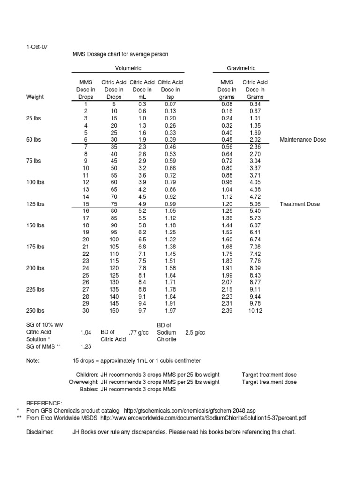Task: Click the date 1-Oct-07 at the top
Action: (37, 47)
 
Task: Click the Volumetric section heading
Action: (127, 68)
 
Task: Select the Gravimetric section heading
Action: (241, 68)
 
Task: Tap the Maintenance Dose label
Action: (303, 140)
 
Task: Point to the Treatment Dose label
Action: (300, 204)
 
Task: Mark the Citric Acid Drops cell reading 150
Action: (114, 311)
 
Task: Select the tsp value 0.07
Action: (170, 104)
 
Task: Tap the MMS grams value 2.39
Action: (227, 311)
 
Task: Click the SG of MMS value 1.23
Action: (86, 346)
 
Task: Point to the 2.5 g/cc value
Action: (195, 332)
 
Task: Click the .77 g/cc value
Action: (140, 332)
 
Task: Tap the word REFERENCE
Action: (44, 403)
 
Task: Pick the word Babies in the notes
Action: (89, 389)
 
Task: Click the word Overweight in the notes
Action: (83, 382)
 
